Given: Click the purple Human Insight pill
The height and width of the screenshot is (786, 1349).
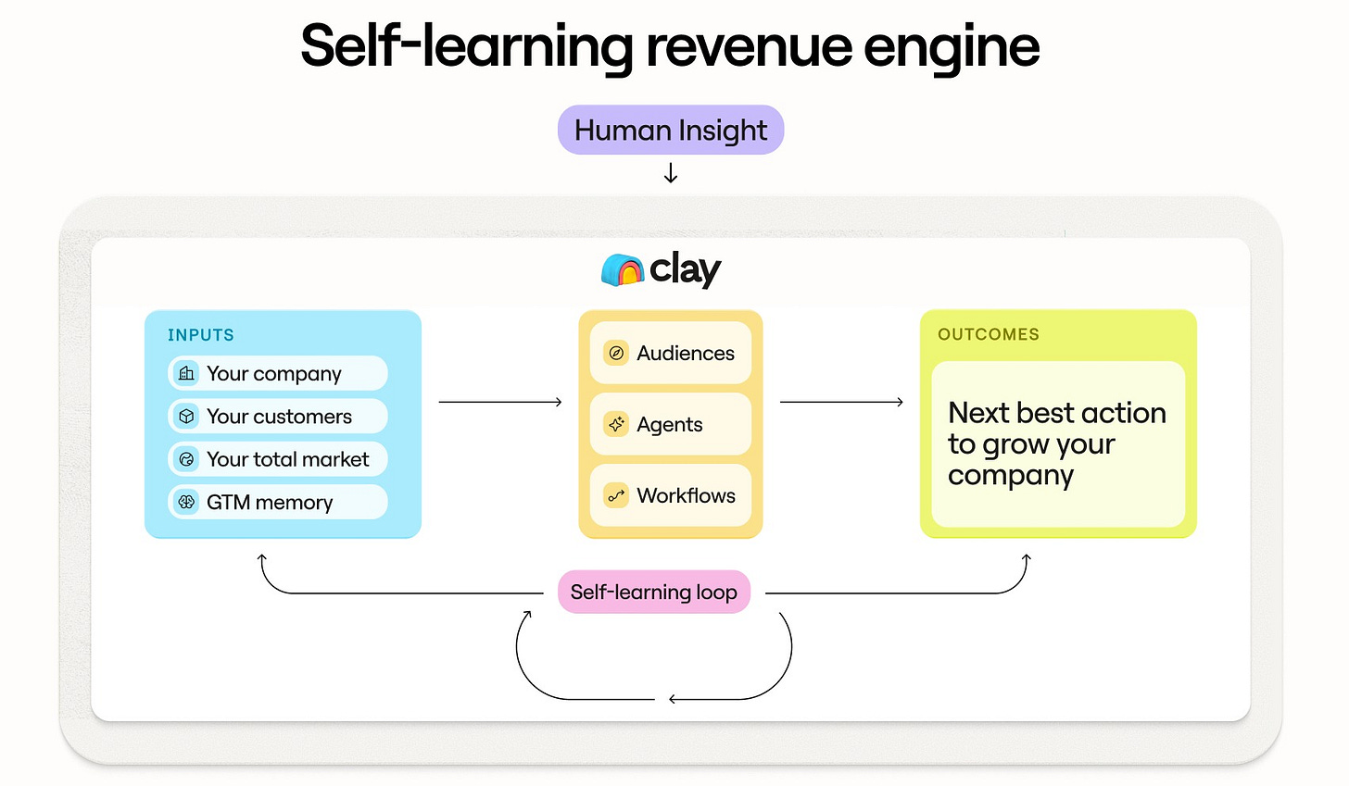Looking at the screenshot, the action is (670, 130).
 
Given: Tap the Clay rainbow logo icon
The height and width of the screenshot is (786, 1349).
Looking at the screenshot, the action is (623, 270).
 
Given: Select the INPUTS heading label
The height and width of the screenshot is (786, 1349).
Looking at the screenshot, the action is (200, 335).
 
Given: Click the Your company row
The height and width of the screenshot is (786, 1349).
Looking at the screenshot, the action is (278, 373).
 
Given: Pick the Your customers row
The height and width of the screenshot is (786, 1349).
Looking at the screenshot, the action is (278, 416).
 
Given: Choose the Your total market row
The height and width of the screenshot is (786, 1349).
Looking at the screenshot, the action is (278, 459).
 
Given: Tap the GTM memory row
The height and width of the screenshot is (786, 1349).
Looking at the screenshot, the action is (278, 502).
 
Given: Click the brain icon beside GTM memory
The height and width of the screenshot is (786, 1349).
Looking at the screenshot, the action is (187, 502).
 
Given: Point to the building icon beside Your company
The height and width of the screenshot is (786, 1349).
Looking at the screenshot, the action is (187, 373).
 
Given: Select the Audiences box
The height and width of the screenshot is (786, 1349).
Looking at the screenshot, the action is (670, 353).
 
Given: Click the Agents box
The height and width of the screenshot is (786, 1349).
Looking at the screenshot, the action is (670, 424).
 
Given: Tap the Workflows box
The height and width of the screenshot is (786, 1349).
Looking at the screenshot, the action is (670, 495).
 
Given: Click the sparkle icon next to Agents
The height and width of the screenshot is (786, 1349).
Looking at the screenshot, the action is (616, 424).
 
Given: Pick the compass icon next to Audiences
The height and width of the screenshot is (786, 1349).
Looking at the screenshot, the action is (616, 353).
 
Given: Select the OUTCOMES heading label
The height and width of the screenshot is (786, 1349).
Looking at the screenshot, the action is (989, 334).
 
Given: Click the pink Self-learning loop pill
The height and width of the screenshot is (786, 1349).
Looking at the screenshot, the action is (654, 593).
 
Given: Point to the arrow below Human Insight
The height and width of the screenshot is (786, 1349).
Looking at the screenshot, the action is (670, 173).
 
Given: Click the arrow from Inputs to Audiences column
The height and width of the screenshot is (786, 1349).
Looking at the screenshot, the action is (500, 402).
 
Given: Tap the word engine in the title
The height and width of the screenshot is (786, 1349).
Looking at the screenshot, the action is (952, 47).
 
